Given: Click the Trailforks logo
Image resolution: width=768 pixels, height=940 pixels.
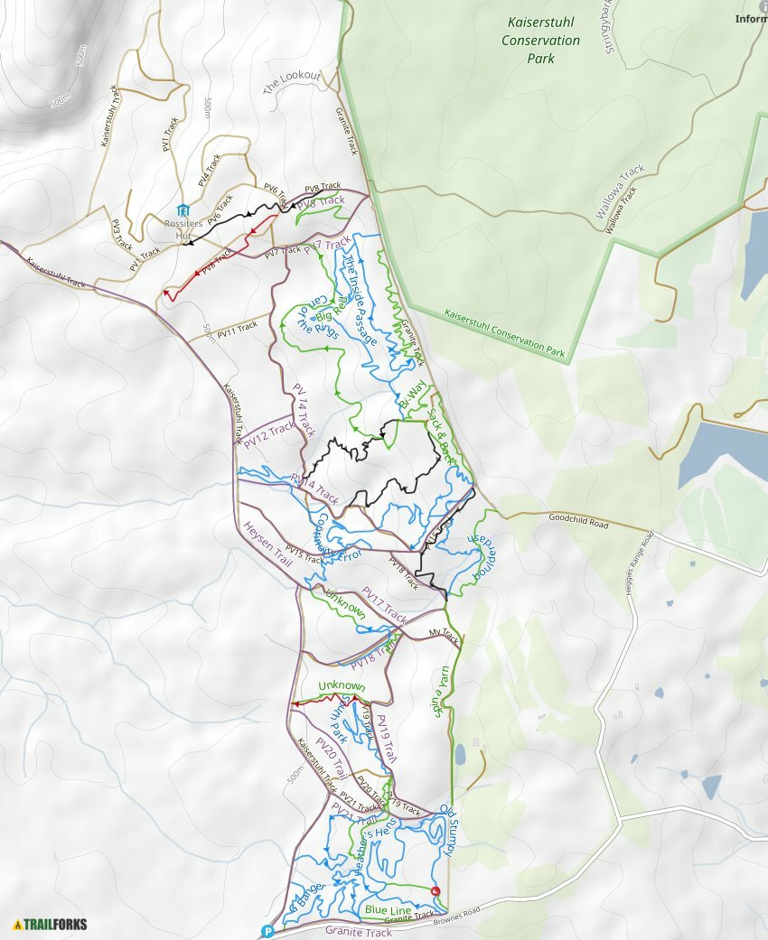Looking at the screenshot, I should click(x=51, y=924).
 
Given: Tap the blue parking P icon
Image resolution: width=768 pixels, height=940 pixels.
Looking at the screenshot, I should click(x=267, y=932).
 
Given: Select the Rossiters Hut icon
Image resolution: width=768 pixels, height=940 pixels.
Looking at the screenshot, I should click(x=183, y=210).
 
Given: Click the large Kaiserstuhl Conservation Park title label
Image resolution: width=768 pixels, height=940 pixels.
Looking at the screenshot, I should click(x=541, y=41).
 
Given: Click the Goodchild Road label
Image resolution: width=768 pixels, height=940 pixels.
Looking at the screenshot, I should click(x=578, y=522).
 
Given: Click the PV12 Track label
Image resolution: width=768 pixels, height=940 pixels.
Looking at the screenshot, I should click(x=269, y=433).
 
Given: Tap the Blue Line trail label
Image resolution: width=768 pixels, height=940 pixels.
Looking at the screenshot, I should click(x=388, y=909).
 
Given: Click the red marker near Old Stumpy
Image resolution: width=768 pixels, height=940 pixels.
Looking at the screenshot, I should click(x=436, y=891).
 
